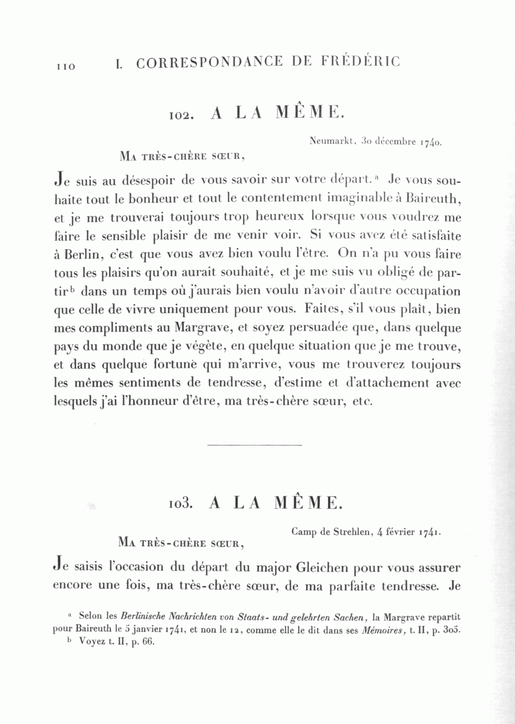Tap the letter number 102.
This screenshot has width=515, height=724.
183,115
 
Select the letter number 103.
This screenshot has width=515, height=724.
183,504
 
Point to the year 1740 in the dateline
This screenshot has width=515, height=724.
430,141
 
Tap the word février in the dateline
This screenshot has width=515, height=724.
401,531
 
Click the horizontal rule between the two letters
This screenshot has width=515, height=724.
254,444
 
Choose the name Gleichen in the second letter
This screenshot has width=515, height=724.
322,568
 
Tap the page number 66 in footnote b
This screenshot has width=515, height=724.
148,642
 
